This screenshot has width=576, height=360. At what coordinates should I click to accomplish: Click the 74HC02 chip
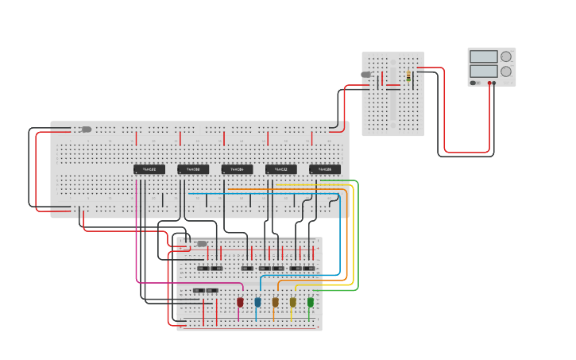[149, 169]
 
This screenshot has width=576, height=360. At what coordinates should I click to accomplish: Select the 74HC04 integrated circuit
[237, 169]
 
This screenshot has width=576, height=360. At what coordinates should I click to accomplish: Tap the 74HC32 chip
[280, 169]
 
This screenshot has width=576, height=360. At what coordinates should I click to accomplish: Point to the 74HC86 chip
[325, 169]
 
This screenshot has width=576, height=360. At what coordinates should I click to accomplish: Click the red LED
[240, 302]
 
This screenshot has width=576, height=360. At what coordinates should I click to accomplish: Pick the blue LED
[257, 302]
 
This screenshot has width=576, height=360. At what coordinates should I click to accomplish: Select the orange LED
[275, 302]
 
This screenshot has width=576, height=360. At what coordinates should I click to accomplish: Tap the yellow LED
[292, 302]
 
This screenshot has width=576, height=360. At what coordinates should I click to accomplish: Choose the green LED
[311, 302]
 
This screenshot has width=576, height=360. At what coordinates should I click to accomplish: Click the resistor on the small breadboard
[408, 75]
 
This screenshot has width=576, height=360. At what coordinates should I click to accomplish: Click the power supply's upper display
[483, 56]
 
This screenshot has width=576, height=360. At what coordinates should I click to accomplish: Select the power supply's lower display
[483, 72]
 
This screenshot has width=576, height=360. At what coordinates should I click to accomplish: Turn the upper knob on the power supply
[506, 56]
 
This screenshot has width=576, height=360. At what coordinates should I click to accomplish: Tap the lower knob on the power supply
[506, 72]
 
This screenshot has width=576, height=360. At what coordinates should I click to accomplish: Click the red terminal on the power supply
[489, 83]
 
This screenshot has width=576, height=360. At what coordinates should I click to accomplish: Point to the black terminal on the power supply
[493, 83]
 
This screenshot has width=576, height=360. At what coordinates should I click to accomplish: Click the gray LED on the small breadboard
[366, 75]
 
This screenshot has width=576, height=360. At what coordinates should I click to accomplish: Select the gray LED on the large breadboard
[87, 129]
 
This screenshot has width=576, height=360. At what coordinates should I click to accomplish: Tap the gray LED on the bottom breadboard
[202, 243]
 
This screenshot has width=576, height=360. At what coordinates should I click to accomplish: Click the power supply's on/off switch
[474, 83]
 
